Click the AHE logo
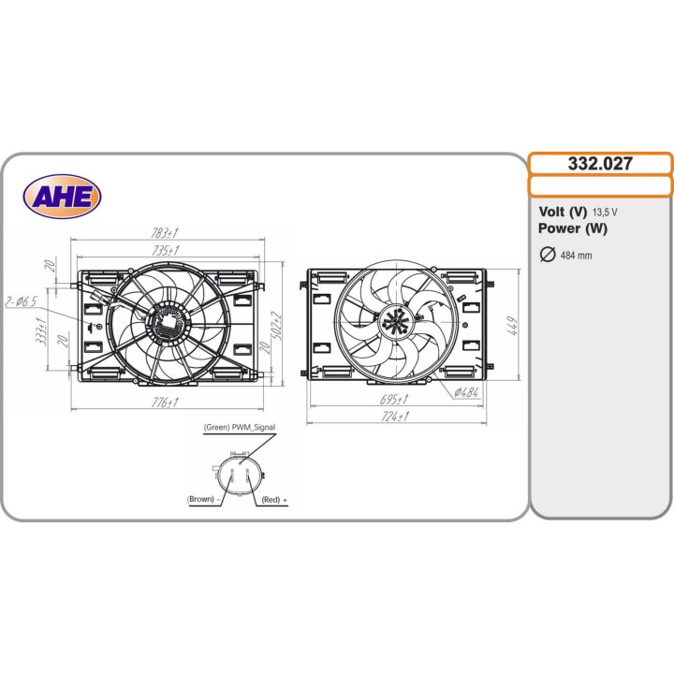point(62,196)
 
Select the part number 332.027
point(600,164)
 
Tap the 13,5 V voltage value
point(603,212)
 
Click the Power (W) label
point(573,228)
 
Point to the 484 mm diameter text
point(576,256)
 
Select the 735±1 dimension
point(165,250)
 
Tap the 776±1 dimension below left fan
point(165,403)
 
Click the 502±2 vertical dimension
point(276,327)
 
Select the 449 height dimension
point(513,326)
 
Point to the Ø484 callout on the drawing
point(465,392)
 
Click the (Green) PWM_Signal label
point(239,427)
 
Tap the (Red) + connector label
point(274,501)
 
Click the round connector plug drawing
point(239,473)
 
